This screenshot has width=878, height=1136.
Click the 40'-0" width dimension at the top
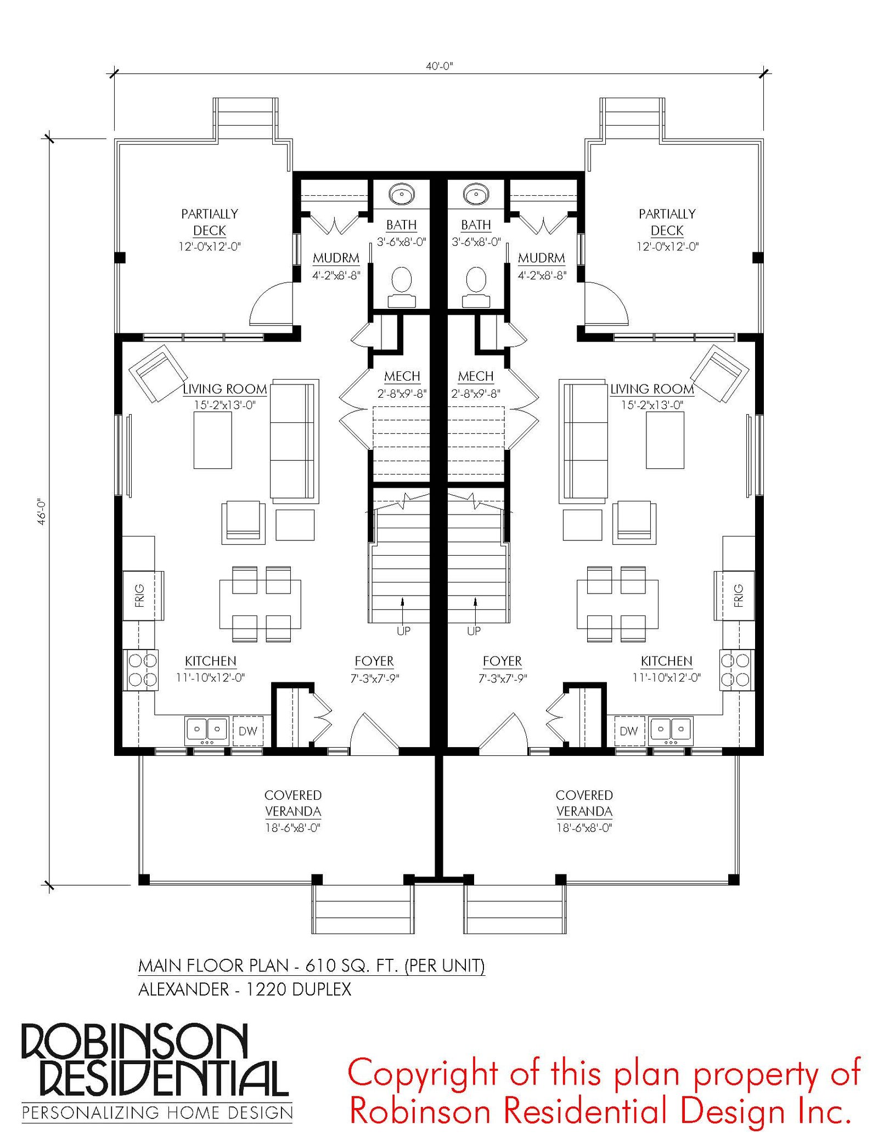[x=440, y=66]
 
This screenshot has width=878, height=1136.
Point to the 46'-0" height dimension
[x=42, y=512]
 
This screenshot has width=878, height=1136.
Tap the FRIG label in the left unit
[x=139, y=595]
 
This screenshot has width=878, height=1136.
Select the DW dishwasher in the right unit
[x=629, y=731]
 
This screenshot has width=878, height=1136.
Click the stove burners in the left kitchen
[x=142, y=670]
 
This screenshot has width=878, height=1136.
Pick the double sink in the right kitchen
[x=670, y=730]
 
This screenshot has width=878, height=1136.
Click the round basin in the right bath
[x=476, y=194]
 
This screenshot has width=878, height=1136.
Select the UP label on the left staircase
[x=404, y=631]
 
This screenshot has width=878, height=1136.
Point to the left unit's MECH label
[x=402, y=376]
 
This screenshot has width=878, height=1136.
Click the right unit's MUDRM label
[x=542, y=258]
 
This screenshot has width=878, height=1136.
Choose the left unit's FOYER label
[x=374, y=661]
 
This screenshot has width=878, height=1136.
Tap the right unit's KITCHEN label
[x=667, y=661]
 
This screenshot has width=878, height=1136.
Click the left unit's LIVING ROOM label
[x=225, y=389]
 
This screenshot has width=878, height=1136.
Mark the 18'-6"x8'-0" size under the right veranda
[x=584, y=828]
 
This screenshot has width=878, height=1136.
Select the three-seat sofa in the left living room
[x=295, y=441]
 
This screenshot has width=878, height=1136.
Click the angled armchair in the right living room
[x=719, y=373]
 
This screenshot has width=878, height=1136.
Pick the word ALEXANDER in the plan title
[x=184, y=989]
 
